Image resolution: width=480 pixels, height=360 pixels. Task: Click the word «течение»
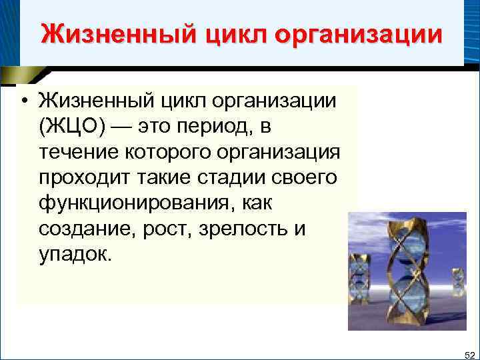[80, 151]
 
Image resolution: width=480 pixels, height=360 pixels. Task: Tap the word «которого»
[173, 151]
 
